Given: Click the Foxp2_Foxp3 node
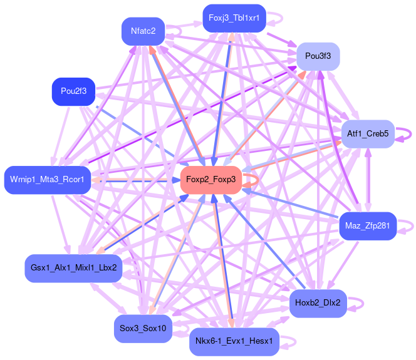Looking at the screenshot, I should (211, 180).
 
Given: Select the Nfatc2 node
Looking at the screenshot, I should (143, 31).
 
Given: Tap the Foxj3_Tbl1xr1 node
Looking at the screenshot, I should (234, 18).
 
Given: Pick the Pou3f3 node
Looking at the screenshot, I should (318, 56).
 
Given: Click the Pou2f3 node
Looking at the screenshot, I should (73, 91).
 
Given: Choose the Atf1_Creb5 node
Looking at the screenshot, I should (368, 134).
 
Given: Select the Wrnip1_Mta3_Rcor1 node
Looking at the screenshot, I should (48, 180).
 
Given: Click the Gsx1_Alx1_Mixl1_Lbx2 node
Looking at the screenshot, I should (73, 267).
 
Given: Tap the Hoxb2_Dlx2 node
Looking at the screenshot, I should (318, 303).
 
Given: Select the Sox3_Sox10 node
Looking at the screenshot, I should (143, 328).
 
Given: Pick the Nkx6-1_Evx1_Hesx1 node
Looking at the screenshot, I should (234, 341).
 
